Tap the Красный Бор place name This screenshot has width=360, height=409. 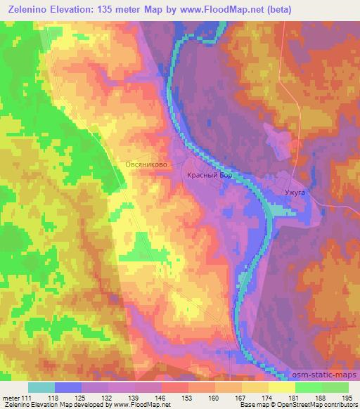pos(209,177)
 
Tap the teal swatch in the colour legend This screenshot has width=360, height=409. pos(41,387)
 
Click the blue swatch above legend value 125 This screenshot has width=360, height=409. pos(68,387)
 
